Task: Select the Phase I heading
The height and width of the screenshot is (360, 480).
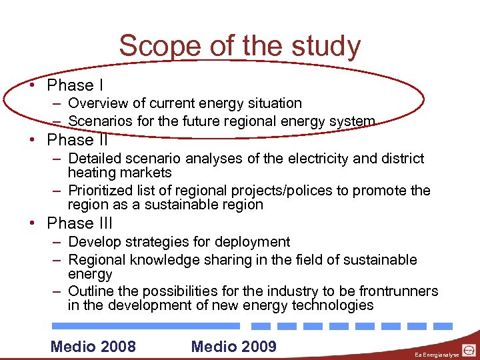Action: tap(75, 85)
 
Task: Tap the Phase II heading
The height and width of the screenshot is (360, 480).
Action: tap(77, 141)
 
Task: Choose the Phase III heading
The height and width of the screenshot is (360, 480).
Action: tap(80, 223)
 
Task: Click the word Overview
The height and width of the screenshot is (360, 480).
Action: tap(98, 103)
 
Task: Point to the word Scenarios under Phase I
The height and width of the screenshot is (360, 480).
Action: tap(101, 121)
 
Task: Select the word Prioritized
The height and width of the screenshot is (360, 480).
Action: tap(102, 191)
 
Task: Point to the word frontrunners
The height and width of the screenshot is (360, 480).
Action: tap(397, 291)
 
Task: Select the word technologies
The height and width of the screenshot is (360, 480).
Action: tap(333, 305)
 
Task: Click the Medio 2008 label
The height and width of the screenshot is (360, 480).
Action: tap(93, 346)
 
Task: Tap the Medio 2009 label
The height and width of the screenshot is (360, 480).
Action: tap(233, 346)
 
